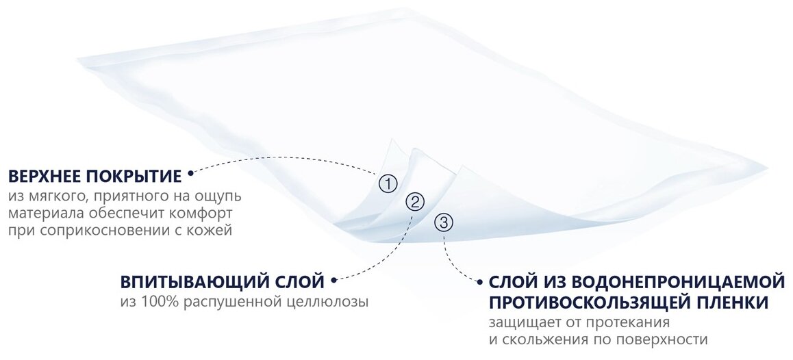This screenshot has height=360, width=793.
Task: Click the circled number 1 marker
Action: (388, 183)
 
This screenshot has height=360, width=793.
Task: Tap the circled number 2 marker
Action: (415, 201)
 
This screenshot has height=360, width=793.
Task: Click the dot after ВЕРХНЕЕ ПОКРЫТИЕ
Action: (190, 173)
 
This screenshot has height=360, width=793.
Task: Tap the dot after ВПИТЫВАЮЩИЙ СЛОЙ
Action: (333, 280)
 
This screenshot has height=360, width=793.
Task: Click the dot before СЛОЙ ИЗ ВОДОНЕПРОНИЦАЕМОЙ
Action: (479, 281)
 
